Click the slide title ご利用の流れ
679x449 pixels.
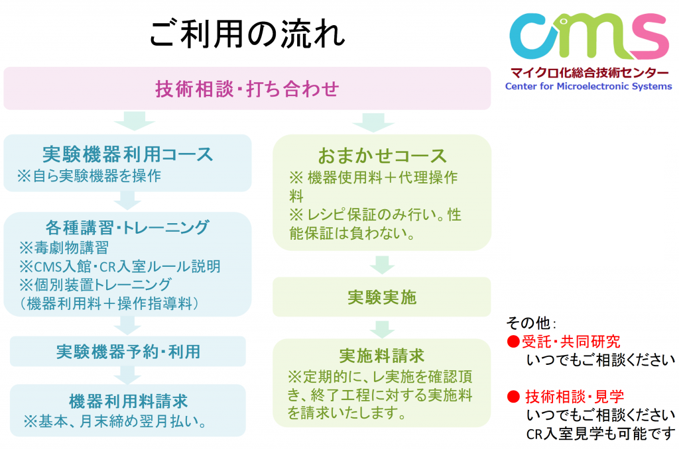[247, 33]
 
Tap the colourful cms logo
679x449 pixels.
[589, 36]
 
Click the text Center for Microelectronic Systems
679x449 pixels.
[589, 86]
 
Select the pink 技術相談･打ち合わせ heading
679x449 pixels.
[247, 89]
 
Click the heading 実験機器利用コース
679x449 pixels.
[128, 154]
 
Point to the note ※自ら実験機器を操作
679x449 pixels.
[89, 175]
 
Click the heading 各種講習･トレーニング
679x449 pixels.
[127, 227]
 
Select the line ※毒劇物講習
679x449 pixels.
[64, 248]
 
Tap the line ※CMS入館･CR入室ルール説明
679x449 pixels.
[119, 266]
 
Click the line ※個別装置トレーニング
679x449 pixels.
[95, 285]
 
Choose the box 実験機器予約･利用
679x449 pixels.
[128, 352]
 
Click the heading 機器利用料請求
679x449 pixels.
[128, 401]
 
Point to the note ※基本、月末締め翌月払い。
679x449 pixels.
[115, 421]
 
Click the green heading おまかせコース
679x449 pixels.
[382, 156]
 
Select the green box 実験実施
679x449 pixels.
[381, 297]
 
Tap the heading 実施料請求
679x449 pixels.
[381, 356]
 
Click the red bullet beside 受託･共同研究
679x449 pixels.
[513, 342]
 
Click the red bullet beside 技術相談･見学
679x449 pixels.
[513, 397]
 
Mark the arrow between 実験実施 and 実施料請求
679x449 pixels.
[382, 330]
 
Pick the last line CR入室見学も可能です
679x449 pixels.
[601, 434]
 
